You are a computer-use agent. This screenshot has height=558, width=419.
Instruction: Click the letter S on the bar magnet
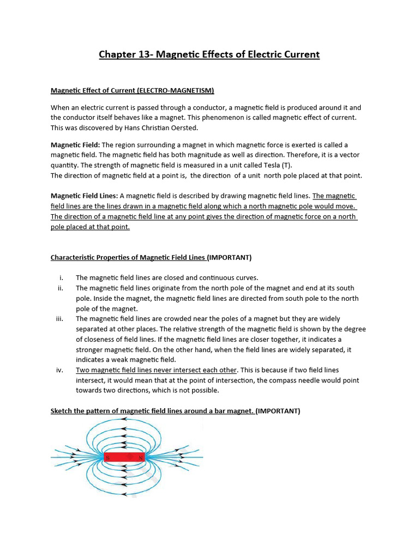coord(108,458)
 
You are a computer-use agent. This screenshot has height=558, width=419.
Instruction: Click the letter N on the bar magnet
coord(141,458)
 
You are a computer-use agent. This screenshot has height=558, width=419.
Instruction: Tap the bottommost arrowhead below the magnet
coord(124,495)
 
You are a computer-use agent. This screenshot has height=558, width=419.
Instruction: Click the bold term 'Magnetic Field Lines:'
coord(84,196)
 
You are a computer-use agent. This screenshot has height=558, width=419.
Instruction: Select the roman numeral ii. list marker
coord(61,288)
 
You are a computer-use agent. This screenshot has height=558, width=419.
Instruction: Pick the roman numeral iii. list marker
coord(60,319)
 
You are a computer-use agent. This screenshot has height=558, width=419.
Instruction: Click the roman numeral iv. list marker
coord(60,370)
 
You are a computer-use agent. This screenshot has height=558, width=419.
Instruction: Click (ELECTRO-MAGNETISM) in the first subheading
coord(176,90)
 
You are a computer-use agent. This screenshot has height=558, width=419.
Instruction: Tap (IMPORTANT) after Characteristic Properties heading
coord(229,257)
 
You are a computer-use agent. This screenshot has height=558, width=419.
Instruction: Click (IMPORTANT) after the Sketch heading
coord(278,411)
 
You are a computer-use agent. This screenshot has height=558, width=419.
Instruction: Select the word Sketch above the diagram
coord(62,411)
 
